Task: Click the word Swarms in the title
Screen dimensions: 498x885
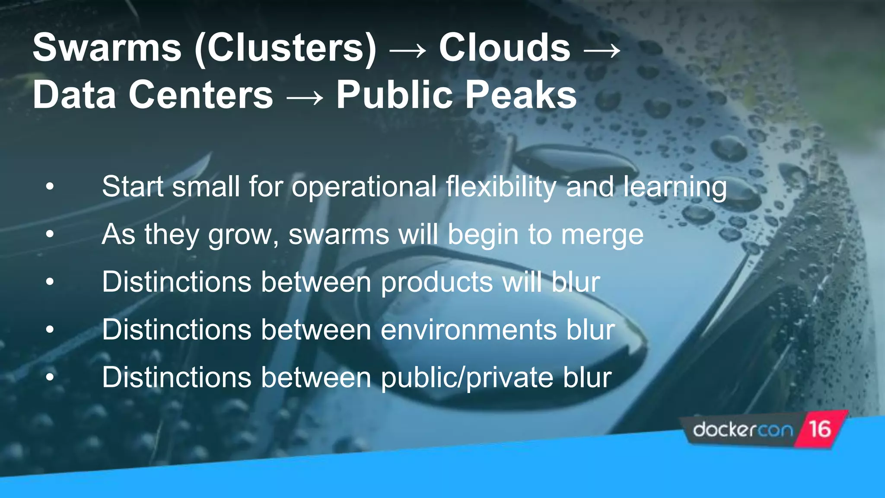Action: click(107, 48)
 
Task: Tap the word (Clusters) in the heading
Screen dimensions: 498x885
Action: click(286, 48)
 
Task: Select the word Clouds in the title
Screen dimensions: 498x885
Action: click(504, 48)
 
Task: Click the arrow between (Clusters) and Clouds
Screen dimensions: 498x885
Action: click(407, 51)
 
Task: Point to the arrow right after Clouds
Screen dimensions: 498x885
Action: click(602, 51)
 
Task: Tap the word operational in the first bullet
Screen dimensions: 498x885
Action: click(364, 187)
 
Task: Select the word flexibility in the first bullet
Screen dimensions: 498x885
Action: click(501, 187)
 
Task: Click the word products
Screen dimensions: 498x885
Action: click(436, 283)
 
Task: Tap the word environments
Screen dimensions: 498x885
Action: click(469, 330)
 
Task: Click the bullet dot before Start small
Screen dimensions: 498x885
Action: click(50, 187)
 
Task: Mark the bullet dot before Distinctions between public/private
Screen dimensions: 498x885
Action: click(50, 377)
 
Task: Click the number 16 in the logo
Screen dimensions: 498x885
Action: click(820, 429)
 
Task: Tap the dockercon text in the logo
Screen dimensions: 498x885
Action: click(743, 430)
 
